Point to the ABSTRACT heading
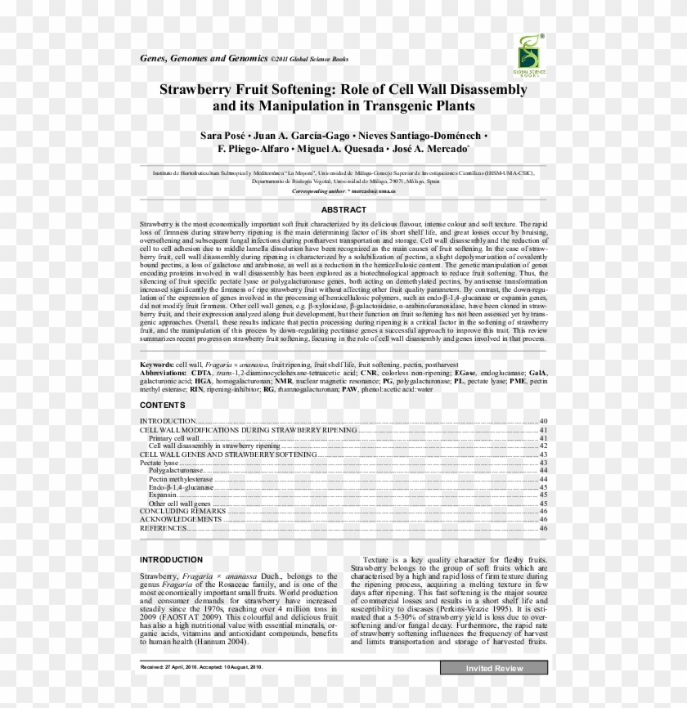(343, 210)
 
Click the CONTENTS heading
(162, 406)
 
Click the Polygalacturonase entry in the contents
(176, 471)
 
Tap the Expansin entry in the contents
(163, 495)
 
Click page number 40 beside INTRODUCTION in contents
(543, 421)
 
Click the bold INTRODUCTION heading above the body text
(171, 560)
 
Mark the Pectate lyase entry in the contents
(159, 463)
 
